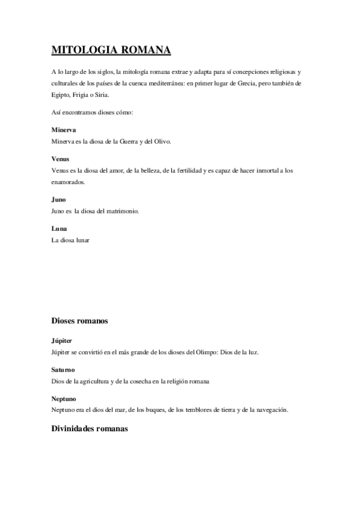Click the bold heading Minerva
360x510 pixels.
64,130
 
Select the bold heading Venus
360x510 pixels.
61,159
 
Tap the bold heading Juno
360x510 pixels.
59,199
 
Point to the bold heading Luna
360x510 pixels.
59,229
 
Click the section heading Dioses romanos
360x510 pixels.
80,321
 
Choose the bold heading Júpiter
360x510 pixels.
63,340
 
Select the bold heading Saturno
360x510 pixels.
64,370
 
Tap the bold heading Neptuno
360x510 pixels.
64,399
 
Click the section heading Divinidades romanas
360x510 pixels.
90,430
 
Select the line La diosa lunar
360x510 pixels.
70,240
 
